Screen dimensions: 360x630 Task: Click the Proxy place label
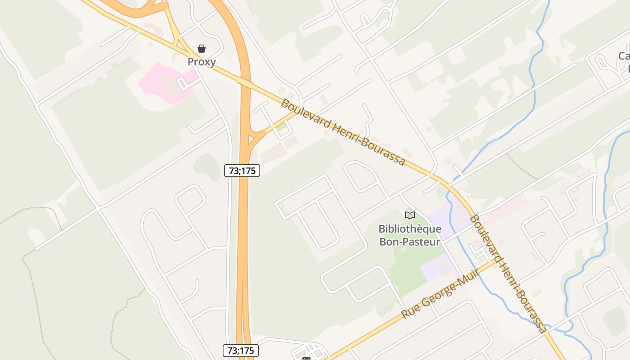(x=202, y=62)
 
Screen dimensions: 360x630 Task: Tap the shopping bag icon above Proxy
(x=202, y=49)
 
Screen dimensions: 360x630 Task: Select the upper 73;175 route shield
(x=242, y=170)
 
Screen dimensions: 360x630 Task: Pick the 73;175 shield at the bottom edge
(x=241, y=351)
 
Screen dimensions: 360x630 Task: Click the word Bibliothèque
(x=409, y=229)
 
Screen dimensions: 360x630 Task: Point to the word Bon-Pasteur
(x=409, y=242)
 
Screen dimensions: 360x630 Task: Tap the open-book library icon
(x=409, y=215)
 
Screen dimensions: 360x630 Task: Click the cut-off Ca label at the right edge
(x=624, y=56)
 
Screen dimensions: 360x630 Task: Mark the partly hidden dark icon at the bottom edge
(x=306, y=358)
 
